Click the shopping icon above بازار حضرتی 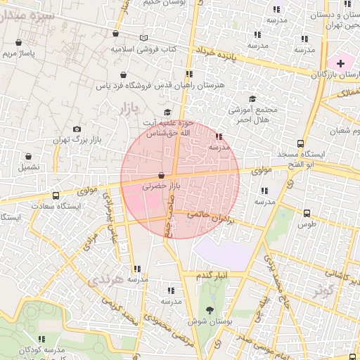pyautogui.click(x=162, y=175)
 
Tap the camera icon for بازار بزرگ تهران pyautogui.click(x=77, y=129)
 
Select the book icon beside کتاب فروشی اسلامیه pyautogui.click(x=143, y=38)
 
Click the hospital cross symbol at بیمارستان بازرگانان pyautogui.click(x=341, y=63)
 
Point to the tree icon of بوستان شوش pyautogui.click(x=210, y=309)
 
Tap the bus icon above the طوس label pyautogui.click(x=307, y=213)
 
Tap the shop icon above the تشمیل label pyautogui.click(x=29, y=157)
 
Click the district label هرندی pyautogui.click(x=107, y=280)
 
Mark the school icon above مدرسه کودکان pyautogui.click(x=41, y=338)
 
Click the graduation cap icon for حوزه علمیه pyautogui.click(x=167, y=112)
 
